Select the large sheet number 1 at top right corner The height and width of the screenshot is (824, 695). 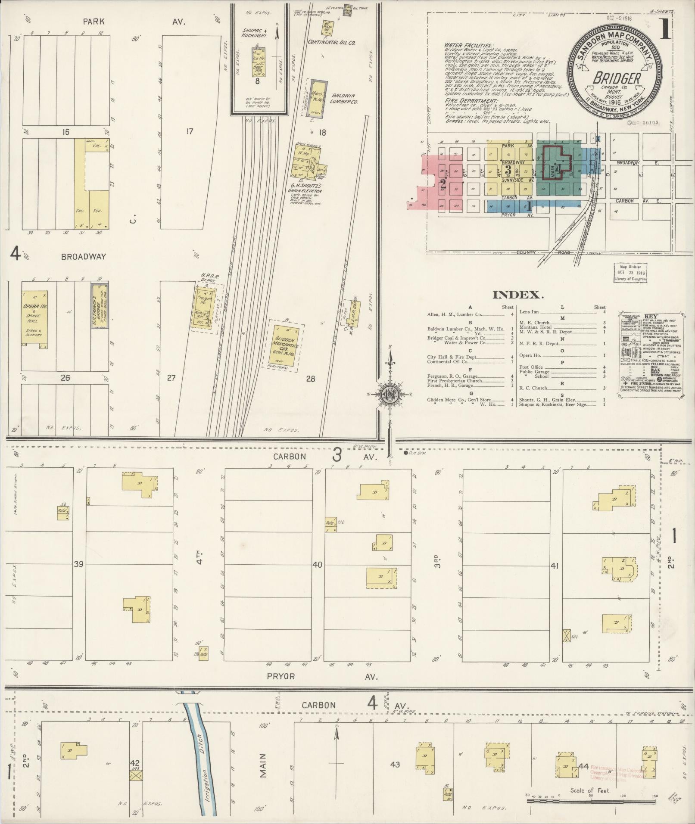point(664,30)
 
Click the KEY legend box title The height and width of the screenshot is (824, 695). point(651,316)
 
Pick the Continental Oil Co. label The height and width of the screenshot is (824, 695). point(331,43)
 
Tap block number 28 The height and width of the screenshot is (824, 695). point(310,379)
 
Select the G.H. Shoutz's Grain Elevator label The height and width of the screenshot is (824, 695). point(306,188)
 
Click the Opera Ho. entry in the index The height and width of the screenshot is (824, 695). point(530,355)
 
